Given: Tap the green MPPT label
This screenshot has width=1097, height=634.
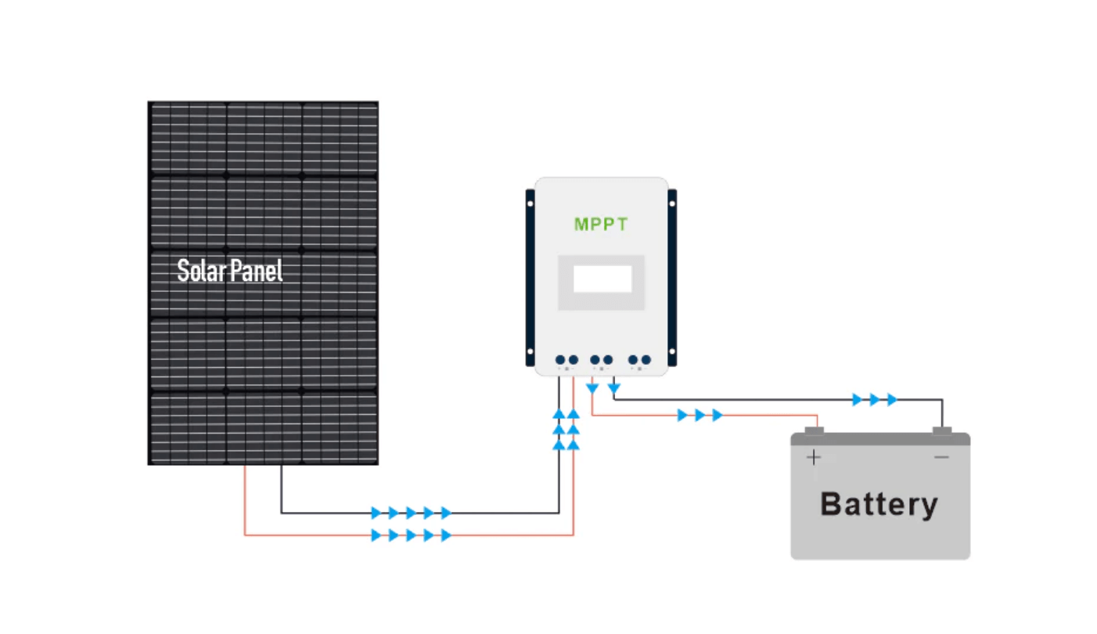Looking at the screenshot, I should coord(601,225).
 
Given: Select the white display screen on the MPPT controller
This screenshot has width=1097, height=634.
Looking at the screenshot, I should coord(602,279).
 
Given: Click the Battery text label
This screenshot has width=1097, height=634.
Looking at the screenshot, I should coord(879,504).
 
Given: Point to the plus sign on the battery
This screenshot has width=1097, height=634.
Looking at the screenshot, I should coord(815,457).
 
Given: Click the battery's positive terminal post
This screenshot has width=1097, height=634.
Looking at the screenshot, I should coord(815,430).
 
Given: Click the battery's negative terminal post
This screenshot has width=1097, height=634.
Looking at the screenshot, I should coord(942,430).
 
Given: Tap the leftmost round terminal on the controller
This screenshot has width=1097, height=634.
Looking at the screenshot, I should coord(560,360).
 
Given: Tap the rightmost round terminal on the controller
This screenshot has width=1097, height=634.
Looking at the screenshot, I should coord(646,360).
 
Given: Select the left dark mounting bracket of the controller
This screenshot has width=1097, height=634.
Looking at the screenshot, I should coord(530,277).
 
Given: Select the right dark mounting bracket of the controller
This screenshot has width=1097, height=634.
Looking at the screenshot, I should coord(672,277).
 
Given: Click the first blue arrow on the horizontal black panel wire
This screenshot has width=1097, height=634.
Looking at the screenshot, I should coord(376,513).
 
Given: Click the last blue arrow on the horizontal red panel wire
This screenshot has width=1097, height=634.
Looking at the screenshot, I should coord(446,535).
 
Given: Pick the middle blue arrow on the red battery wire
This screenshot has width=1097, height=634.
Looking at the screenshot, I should coord(700,416).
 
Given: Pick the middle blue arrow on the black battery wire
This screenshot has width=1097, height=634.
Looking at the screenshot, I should coord(874,400).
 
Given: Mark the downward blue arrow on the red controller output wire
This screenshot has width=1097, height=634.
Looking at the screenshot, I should coord(592,388).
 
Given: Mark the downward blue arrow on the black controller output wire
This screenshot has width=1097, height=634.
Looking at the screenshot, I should coord(614,387).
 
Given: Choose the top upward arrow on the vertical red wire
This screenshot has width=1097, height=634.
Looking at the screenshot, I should coord(574,413).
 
